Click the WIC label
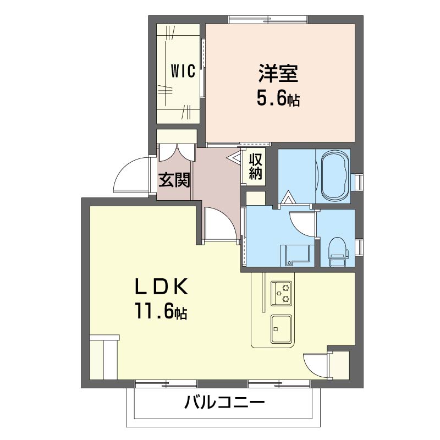[x=183, y=71]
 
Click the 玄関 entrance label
[x=174, y=180]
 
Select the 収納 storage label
[x=255, y=167]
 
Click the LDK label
[x=162, y=287]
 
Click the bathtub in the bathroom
[x=334, y=176]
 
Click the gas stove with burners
[x=283, y=293]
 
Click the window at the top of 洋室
[x=268, y=20]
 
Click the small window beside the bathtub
[x=359, y=182]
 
